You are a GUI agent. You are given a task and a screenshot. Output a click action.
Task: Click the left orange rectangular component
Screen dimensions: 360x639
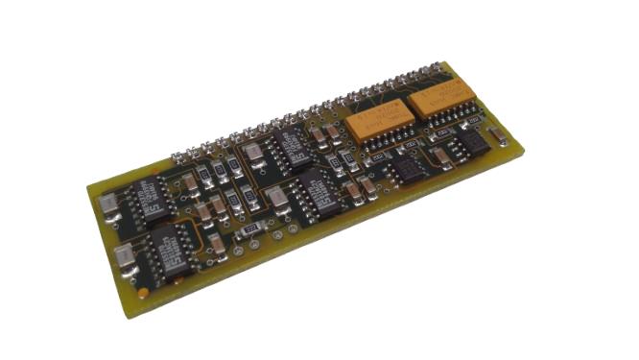coord(380,123)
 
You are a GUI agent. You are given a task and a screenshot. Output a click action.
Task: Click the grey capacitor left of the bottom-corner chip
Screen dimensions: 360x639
coord(124,256)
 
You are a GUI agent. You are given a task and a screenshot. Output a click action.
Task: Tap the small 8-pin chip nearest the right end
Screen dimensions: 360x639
coord(470,144)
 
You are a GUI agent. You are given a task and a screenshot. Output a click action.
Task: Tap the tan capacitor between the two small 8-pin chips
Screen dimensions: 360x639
coord(439,156)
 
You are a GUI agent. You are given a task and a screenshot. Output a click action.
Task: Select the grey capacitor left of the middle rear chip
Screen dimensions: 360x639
coord(252,152)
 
